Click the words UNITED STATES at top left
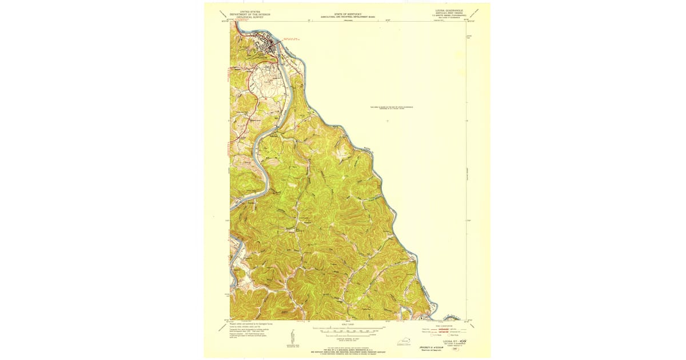249,11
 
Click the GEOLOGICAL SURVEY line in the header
249,17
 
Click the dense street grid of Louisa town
267,43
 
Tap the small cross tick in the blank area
388,121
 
